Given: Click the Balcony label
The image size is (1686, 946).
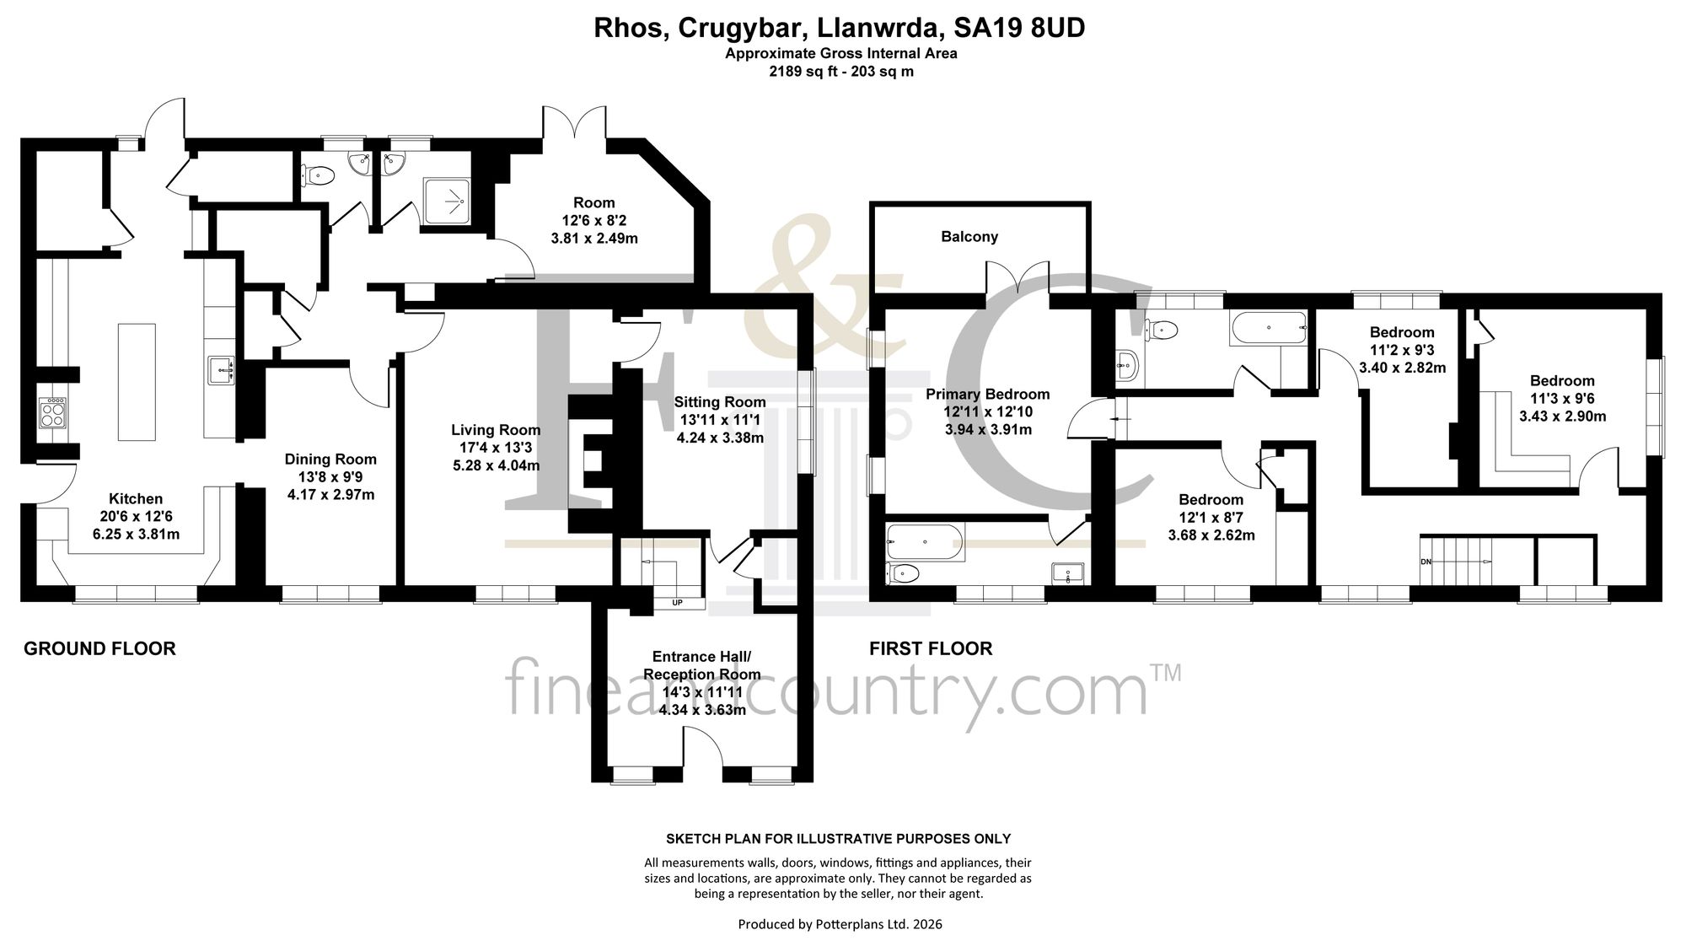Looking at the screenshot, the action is (x=969, y=237).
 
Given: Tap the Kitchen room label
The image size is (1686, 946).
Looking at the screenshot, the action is (x=136, y=499).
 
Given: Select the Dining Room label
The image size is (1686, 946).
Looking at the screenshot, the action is (x=330, y=460).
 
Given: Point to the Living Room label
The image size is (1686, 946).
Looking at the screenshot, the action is (x=496, y=430).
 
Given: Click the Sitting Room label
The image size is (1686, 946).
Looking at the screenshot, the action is (x=720, y=402).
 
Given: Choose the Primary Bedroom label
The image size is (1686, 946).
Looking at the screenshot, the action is (x=988, y=395).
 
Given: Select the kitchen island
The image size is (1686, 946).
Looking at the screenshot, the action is (x=137, y=381).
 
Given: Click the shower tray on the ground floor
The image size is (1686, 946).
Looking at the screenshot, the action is (x=447, y=201).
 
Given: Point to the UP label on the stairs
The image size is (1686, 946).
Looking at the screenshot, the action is (x=677, y=603).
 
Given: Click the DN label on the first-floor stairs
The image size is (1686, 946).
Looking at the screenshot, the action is (x=1426, y=562).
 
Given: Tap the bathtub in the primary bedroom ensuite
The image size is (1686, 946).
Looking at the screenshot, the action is (x=925, y=542).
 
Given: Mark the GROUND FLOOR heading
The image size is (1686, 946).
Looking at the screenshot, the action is (x=99, y=648).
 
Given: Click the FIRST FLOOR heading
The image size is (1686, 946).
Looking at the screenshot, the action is (x=931, y=648).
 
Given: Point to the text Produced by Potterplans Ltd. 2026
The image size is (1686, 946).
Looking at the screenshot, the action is (x=840, y=924).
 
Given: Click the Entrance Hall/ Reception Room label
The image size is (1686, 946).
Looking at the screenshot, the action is (x=702, y=665).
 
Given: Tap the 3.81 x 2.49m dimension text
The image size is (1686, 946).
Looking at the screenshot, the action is (x=594, y=238).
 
